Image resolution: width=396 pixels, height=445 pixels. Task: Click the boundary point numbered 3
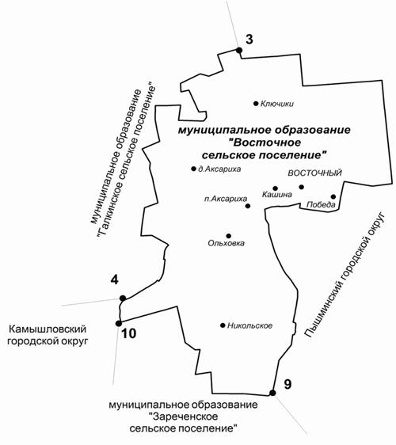coord(239,50)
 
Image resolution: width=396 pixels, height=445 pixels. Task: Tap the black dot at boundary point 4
coord(123,299)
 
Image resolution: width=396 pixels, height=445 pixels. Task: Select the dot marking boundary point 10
coord(119,323)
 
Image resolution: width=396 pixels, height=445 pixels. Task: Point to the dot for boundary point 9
coord(272,393)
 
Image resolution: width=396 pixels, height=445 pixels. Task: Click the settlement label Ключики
coord(277,104)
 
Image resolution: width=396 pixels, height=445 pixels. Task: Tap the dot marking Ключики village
coord(256,104)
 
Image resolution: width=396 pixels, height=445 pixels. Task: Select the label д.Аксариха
coord(219,169)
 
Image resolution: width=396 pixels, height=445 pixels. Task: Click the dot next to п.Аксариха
coord(248,206)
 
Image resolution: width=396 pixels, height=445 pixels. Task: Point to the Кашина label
coord(276,195)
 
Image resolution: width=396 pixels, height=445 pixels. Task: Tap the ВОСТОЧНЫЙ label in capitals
coord(314,173)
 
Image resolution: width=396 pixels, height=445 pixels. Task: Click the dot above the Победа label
coord(333,196)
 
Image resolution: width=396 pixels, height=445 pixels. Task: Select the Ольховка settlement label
coord(226,243)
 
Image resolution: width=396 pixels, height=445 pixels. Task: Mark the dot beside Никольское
coord(223,325)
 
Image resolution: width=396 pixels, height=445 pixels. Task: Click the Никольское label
coord(249,325)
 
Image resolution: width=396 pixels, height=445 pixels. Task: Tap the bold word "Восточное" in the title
coord(267,143)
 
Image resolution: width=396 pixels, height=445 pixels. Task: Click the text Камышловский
coord(48,329)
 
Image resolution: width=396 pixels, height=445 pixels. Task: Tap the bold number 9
coord(287,384)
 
